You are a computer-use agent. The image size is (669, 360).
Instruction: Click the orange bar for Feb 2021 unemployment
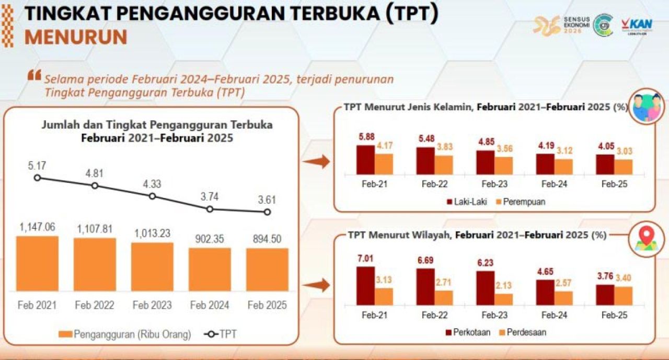(x=37, y=263)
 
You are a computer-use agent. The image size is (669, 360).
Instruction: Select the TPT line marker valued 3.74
(x=210, y=209)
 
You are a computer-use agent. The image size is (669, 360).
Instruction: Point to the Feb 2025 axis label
(x=267, y=306)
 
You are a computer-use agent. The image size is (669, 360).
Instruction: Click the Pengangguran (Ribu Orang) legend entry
(x=125, y=334)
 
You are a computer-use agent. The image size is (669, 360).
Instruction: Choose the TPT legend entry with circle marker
(x=220, y=334)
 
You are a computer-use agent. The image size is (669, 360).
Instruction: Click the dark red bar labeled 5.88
(x=365, y=159)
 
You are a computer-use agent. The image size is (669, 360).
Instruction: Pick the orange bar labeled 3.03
(x=623, y=166)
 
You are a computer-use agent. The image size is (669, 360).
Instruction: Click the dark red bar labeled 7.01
(x=365, y=285)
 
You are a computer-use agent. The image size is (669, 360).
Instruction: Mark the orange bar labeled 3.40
(x=623, y=295)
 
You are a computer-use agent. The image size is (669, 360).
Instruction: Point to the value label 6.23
(x=485, y=263)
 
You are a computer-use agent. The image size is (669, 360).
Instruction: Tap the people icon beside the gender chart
(x=647, y=106)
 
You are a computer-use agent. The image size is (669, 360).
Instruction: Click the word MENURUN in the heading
(x=76, y=38)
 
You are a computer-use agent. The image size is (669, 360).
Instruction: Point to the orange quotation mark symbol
(x=34, y=76)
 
